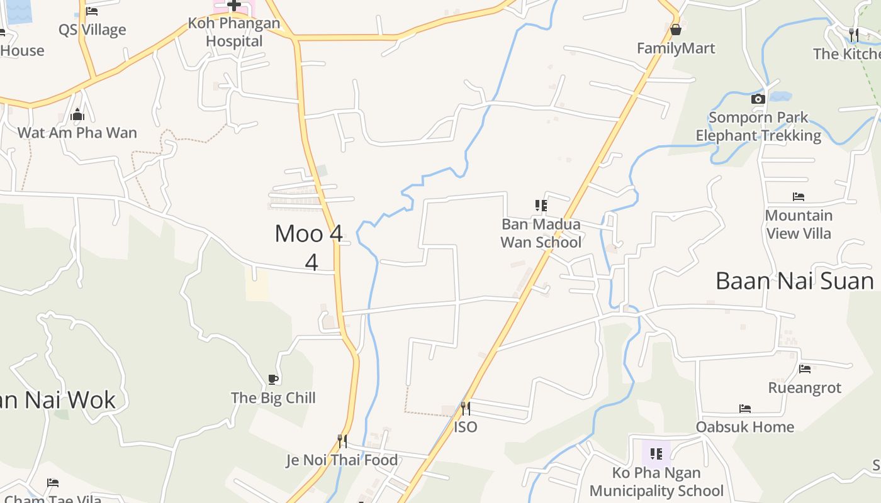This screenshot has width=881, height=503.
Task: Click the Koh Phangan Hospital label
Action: [x=233, y=33]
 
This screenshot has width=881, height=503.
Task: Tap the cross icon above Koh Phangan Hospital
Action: [x=233, y=5]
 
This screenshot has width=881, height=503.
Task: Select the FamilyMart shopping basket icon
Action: [x=676, y=30]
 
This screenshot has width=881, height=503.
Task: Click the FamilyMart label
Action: [x=676, y=48]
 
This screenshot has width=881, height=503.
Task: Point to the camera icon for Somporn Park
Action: [x=758, y=99]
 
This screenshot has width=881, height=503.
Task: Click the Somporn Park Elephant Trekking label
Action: [x=758, y=126]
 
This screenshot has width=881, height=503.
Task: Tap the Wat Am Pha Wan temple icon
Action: [x=77, y=114]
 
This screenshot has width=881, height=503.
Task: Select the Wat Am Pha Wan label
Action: [x=77, y=133]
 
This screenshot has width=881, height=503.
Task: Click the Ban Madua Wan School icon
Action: [x=541, y=206]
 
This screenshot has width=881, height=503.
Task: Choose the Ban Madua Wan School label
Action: [x=541, y=233]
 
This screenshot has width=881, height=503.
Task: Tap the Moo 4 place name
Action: [x=309, y=234]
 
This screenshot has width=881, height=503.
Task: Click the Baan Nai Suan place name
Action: [x=795, y=281]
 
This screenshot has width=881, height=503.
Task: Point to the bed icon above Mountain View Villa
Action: [x=799, y=197]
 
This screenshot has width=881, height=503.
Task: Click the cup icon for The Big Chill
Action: [x=272, y=379]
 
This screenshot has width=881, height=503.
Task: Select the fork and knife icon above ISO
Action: [x=465, y=409]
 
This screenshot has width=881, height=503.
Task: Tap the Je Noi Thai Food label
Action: [x=342, y=460]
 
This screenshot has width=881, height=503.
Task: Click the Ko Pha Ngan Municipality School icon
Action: [x=656, y=453]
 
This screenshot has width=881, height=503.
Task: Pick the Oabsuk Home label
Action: [x=744, y=427]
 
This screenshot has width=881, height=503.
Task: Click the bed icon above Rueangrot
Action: [x=804, y=369]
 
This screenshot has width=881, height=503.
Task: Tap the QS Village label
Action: [x=92, y=30]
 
